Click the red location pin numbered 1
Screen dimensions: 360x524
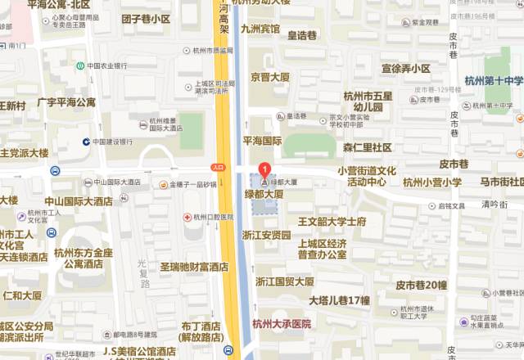point(264,170)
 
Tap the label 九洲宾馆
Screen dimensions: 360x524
point(260,29)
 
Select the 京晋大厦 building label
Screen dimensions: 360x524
point(270,77)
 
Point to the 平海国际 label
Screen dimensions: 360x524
point(262,141)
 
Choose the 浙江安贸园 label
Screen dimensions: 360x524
point(266,235)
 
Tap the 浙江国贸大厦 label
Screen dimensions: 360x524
point(284,281)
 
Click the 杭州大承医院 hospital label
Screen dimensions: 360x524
point(282,323)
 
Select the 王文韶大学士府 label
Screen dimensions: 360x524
point(332,222)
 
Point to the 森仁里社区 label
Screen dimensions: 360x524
point(367,147)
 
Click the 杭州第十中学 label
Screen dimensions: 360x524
point(494,80)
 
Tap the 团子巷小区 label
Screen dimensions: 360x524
point(146,19)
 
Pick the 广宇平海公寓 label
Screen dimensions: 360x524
point(66,103)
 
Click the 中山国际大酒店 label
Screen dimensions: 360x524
point(79,200)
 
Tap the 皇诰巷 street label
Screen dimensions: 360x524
point(302,35)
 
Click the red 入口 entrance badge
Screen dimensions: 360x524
point(218,166)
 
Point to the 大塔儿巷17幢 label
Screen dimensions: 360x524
point(339,300)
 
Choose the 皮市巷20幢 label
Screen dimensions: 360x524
point(421,285)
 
